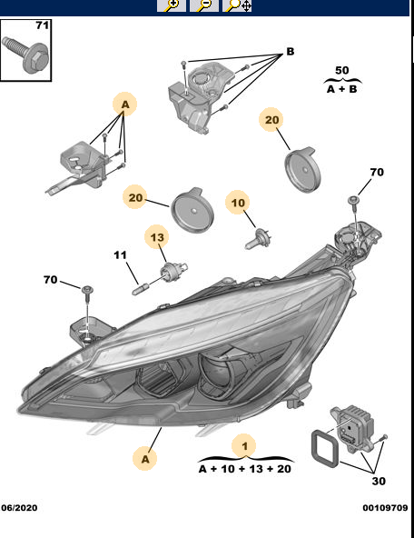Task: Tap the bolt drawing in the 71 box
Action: point(25,53)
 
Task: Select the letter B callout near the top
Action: point(291,52)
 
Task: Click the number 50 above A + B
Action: point(341,70)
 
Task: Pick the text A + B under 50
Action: point(341,89)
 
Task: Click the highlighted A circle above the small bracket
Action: point(125,105)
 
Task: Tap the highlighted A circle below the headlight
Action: point(144,459)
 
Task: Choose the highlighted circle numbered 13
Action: point(158,238)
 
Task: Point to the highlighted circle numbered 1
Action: point(243,445)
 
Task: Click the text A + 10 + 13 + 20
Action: point(244,469)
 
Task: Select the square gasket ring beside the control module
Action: point(321,449)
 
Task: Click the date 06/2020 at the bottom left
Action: point(20,507)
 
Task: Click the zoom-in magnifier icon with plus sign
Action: point(171,5)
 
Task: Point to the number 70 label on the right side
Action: point(376,172)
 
